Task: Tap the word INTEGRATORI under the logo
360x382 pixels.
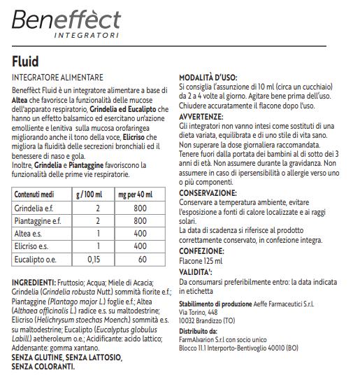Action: click(86, 34)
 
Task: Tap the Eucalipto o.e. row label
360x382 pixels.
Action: click(37, 260)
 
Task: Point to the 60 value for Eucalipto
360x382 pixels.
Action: click(142, 260)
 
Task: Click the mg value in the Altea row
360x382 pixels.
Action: click(140, 234)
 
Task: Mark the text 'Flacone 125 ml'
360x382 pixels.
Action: click(204, 260)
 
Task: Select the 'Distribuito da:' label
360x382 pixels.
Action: click(198, 332)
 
